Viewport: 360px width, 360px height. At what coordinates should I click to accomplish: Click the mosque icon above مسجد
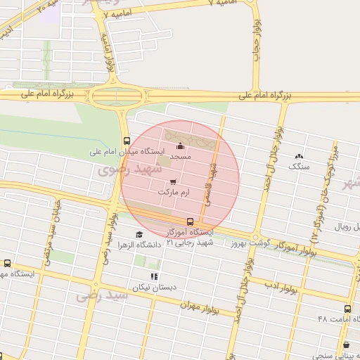click(181, 146)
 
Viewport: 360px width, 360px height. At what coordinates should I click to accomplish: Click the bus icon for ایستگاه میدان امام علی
click(126, 140)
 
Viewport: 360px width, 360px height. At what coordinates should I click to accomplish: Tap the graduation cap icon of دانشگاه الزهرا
click(139, 235)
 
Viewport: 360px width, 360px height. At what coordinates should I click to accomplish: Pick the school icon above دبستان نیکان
click(154, 276)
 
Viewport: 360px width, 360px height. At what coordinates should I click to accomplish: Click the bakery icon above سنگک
click(300, 156)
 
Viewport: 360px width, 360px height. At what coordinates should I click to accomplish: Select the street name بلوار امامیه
click(109, 53)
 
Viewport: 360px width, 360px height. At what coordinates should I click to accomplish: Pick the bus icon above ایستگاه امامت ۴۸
click(347, 309)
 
